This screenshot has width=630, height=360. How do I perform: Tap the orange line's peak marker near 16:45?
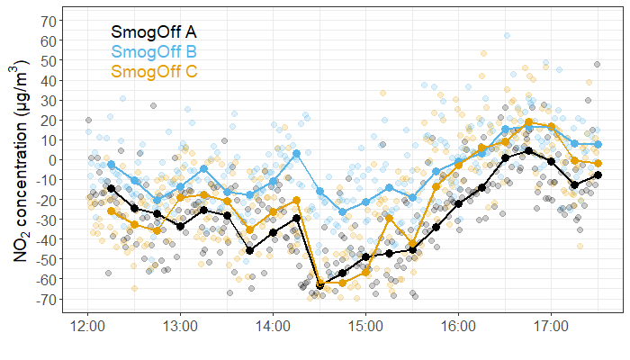pyautogui.click(x=528, y=122)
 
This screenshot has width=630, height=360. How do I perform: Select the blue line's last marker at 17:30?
pyautogui.click(x=598, y=144)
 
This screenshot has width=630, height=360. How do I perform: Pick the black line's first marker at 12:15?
pyautogui.click(x=111, y=188)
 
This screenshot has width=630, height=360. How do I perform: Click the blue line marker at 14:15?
pyautogui.click(x=296, y=154)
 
